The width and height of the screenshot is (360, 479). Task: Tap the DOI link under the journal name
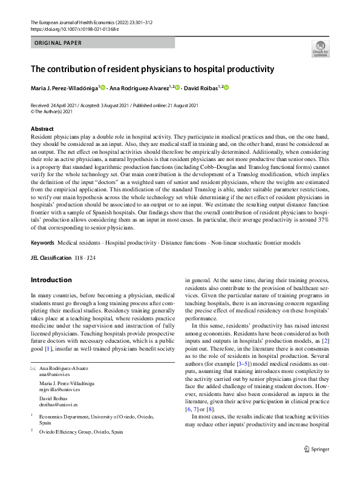click(x=74, y=28)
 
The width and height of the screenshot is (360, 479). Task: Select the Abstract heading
click(x=42, y=129)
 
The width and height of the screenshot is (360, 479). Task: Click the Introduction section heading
click(x=51, y=280)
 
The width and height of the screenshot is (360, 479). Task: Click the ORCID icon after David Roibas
click(x=227, y=88)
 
